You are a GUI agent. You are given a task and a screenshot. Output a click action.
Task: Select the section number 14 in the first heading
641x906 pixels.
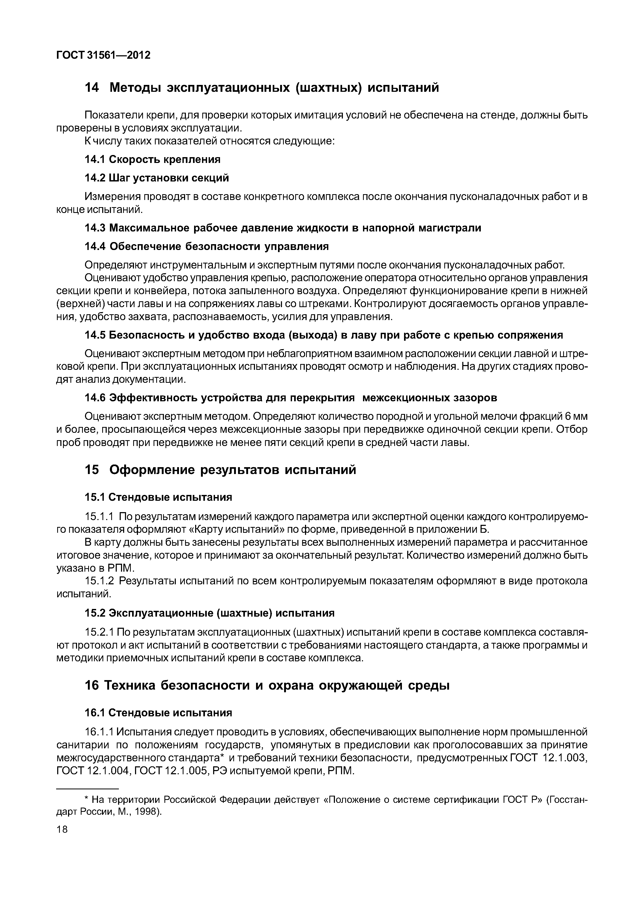coord(92,87)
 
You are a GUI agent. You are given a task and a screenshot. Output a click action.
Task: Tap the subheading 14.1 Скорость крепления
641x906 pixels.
coord(153,160)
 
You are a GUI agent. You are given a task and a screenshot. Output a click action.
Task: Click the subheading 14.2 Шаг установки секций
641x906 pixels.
coord(157,178)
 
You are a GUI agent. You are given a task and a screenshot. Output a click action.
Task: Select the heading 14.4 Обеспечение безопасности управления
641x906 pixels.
coord(207,246)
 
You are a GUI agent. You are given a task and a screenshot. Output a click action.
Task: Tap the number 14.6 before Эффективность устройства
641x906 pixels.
coord(95,398)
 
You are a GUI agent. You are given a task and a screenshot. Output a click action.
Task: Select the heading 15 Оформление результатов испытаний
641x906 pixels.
coord(220,470)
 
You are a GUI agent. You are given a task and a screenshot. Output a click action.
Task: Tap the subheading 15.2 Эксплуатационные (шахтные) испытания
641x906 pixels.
coord(209,613)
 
